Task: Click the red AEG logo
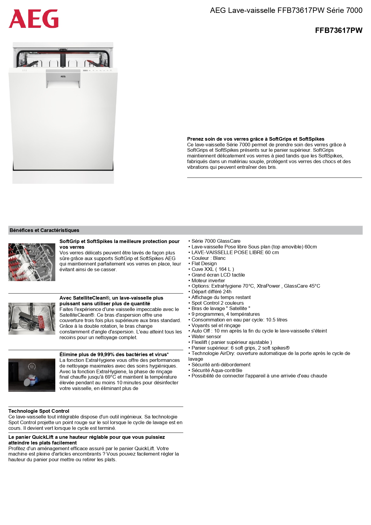(33, 19)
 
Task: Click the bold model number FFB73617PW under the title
(338, 30)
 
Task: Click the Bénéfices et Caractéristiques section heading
(45, 230)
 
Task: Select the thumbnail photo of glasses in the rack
(32, 262)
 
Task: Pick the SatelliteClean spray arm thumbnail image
(32, 318)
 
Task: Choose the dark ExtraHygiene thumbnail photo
(32, 375)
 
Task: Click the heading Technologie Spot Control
(39, 411)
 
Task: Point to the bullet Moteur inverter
(208, 280)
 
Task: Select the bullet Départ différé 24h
(211, 292)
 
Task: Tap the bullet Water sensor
(206, 336)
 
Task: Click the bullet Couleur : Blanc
(208, 258)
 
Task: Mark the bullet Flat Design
(204, 263)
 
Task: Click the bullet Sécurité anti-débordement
(221, 365)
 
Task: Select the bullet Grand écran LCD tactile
(218, 275)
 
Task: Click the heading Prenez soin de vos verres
(256, 139)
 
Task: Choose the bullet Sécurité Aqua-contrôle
(217, 370)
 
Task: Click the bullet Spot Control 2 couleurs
(217, 303)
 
